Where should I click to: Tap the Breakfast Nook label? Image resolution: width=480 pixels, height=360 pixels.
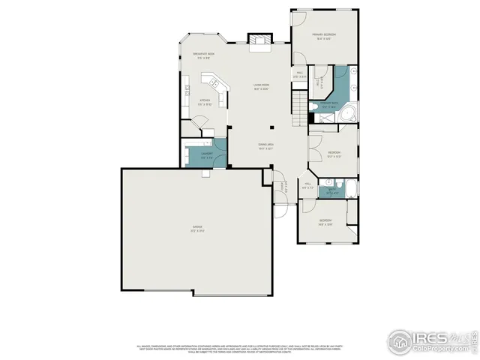point(205,55)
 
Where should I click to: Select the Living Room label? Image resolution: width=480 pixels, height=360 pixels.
point(260,87)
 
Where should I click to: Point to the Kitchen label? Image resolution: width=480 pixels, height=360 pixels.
point(204,103)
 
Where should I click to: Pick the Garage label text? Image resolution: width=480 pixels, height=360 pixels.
point(198,227)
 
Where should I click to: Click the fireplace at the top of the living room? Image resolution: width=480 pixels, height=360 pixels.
point(259,40)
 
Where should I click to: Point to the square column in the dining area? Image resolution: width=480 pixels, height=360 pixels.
point(273,127)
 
